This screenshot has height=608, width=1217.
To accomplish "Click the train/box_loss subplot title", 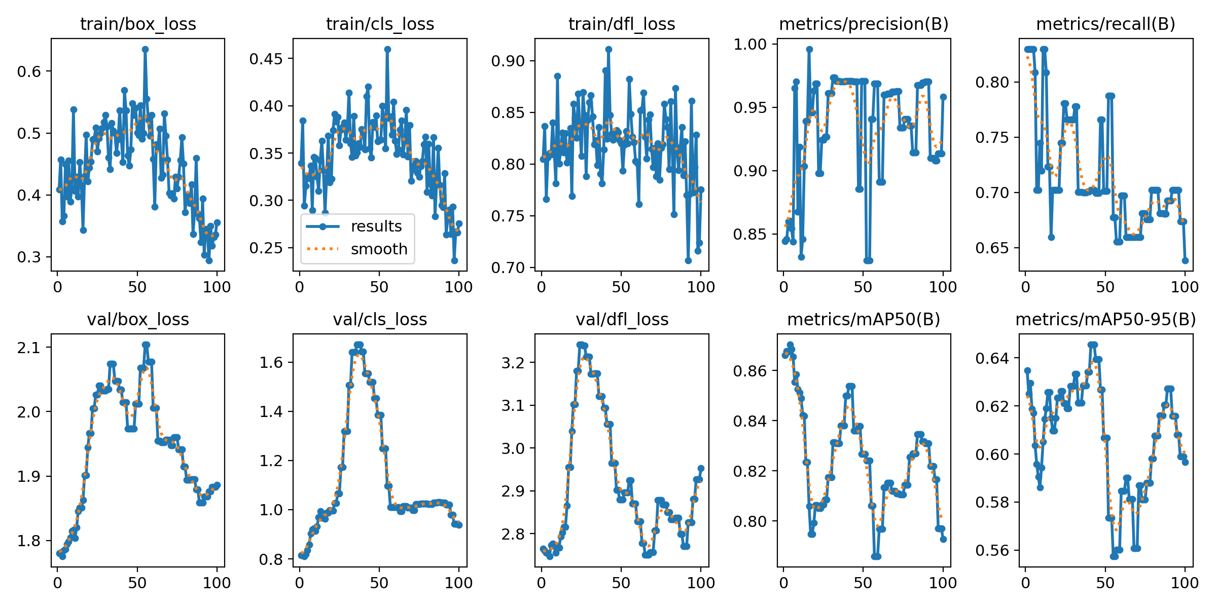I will [x=138, y=24].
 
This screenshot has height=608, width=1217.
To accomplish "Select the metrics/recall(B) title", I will [x=1105, y=24].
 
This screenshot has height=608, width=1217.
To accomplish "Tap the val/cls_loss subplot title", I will [x=380, y=320].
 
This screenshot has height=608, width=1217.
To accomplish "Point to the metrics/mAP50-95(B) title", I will [x=1105, y=320].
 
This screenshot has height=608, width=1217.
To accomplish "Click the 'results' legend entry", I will [x=376, y=226].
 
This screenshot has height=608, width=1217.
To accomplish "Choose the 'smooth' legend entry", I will [x=379, y=249].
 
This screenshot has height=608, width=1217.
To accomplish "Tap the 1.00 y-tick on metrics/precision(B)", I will [x=749, y=44].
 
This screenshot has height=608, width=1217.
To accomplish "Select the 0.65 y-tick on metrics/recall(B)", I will [x=991, y=248].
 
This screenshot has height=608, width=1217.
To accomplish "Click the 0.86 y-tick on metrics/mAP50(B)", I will [x=749, y=371].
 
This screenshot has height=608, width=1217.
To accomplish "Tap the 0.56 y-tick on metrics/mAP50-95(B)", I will [x=991, y=551].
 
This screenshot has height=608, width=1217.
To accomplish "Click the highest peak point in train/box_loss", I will [x=145, y=49].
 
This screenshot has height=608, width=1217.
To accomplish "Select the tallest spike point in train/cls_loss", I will [x=387, y=49].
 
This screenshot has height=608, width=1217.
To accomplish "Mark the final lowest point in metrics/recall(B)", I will [x=1185, y=260].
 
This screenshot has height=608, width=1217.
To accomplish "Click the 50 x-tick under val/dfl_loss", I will [x=621, y=583].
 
